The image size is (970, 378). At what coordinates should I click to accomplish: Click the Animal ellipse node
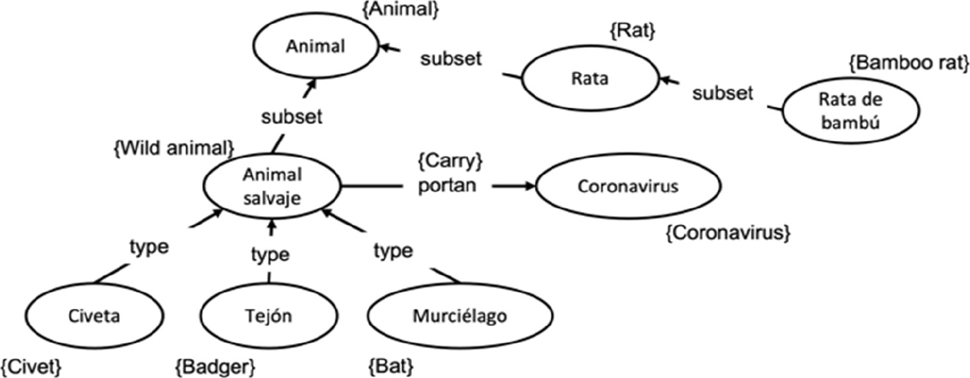[x=316, y=46]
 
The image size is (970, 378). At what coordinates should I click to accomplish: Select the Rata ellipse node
[x=589, y=79]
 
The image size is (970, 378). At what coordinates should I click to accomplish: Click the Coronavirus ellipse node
[x=628, y=187]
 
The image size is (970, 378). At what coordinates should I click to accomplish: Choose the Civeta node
[x=94, y=316]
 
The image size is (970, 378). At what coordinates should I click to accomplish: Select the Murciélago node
[x=460, y=316]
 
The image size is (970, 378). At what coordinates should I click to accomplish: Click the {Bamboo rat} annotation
[x=908, y=64]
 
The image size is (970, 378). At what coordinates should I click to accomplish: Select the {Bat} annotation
[x=391, y=366]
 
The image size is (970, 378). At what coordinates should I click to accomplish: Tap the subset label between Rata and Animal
[x=450, y=59]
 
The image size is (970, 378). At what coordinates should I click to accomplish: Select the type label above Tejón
[x=270, y=255]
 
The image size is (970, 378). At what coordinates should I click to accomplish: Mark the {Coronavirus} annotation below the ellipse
[x=728, y=234]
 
